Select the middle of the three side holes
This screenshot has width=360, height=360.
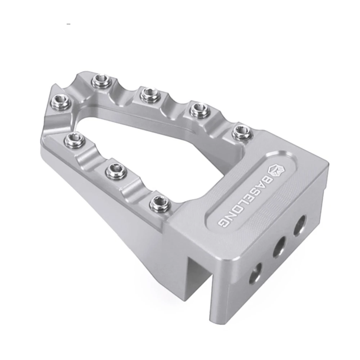279,248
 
